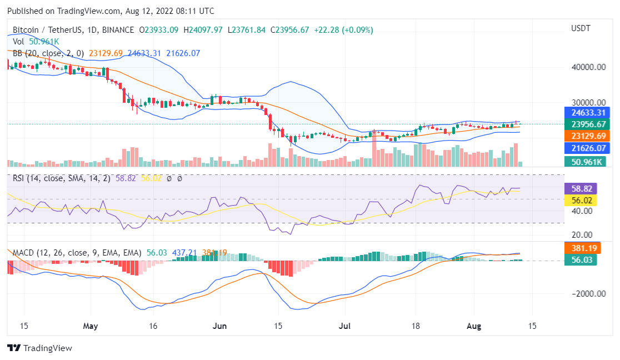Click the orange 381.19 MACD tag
[x=580, y=248]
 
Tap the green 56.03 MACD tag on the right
[x=580, y=259]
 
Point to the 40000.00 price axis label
[x=588, y=67]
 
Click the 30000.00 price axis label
[x=588, y=102]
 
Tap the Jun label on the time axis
[x=220, y=326]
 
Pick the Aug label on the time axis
[x=473, y=326]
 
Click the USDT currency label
[x=581, y=28]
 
